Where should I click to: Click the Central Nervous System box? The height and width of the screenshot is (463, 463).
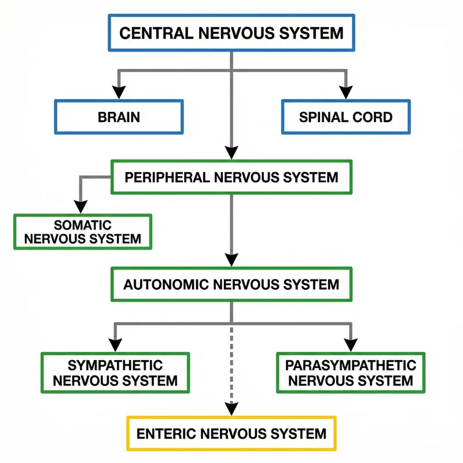click(x=231, y=33)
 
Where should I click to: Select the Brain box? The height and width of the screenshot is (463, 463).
click(x=119, y=117)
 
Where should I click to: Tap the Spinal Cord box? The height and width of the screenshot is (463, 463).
click(x=346, y=117)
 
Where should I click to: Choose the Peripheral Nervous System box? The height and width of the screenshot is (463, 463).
click(x=231, y=177)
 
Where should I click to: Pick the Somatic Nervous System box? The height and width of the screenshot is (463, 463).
click(x=82, y=231)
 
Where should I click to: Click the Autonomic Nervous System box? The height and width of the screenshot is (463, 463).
click(x=231, y=284)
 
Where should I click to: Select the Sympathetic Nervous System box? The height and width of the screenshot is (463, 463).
click(x=115, y=373)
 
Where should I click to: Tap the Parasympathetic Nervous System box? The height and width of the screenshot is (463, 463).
click(x=351, y=373)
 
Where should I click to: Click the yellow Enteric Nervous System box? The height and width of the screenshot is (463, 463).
click(x=231, y=433)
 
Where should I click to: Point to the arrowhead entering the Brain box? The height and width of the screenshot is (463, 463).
click(x=119, y=93)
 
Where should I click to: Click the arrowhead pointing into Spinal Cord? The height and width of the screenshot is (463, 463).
click(x=346, y=93)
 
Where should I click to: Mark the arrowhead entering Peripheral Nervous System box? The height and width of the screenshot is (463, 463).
click(x=231, y=153)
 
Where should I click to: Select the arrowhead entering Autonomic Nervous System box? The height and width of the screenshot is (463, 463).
click(x=231, y=260)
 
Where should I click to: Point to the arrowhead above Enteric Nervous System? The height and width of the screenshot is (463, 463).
click(x=231, y=409)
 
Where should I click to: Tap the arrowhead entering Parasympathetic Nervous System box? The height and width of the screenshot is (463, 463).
click(x=351, y=346)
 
